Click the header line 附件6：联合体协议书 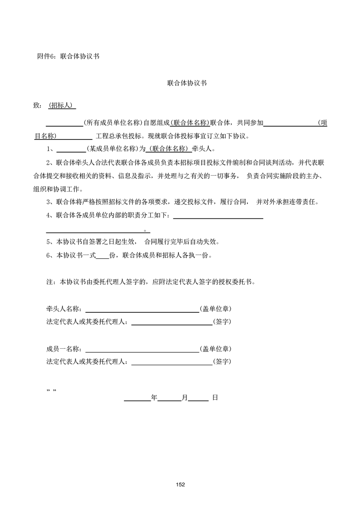[68, 57]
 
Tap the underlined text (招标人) [62, 105]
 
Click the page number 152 [180, 485]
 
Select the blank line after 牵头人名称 [142, 309]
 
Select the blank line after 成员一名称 [142, 349]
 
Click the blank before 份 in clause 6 [103, 255]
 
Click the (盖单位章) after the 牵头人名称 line [216, 309]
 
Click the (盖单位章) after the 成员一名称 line [216, 349]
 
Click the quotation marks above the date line [51, 391]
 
